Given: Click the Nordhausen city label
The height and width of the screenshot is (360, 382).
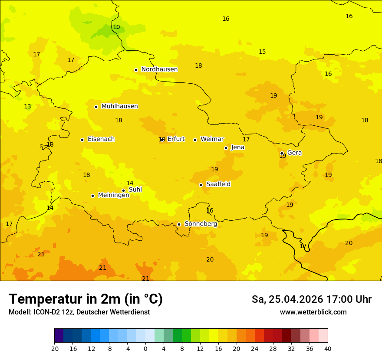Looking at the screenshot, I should pos(159,69).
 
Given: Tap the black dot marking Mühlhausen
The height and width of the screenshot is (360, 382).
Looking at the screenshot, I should pos(96,107).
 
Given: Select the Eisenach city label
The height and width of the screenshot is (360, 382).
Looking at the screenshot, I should pos(101,139).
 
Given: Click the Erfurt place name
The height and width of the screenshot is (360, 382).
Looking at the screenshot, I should pos(176,139).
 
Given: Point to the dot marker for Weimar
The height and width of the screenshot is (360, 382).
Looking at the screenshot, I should pos(195,140).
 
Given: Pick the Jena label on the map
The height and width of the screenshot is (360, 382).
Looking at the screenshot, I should pos(238,147).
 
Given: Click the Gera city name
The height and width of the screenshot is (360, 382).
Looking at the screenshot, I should pos(294,153).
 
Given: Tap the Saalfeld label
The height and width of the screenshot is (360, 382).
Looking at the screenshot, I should pos(218,184).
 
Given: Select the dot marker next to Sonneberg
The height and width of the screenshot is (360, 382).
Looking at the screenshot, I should pos(179,224).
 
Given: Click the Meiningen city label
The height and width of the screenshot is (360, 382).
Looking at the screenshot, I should pos(113,195).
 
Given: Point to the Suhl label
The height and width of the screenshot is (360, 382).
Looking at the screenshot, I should pos(135,190).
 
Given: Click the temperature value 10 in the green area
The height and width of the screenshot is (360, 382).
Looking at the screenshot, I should pos(116,27).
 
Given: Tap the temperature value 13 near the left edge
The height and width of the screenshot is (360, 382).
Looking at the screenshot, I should pos(27,106).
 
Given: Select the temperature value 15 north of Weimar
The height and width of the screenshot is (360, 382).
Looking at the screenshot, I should pos(262,52).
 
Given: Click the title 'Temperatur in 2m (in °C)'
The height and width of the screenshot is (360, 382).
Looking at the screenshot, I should pos(86,299).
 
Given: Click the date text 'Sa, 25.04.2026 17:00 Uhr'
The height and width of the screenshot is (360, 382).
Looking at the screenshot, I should pos(311,299).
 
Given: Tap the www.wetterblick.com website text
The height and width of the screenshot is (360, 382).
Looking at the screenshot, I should pos(313,312).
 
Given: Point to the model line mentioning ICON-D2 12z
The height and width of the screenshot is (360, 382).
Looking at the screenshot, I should pos(79,312).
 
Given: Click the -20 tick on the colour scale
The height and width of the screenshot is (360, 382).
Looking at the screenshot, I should pos(54,348).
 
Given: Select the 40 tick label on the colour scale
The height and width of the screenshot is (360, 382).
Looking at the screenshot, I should pos(328,348).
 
